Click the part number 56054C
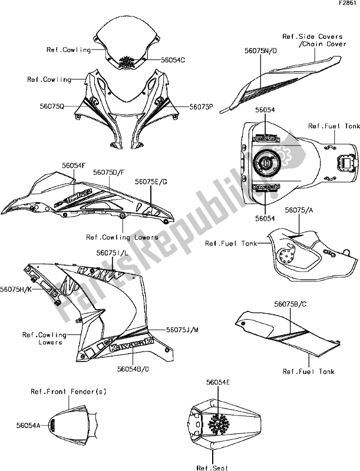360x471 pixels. pos(173,59)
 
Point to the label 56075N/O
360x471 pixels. pos(257,51)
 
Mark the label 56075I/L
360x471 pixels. pos(112,252)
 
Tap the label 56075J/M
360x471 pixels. pos(183,330)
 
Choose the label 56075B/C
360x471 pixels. pos(290,304)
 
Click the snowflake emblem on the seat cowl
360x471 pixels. pos(220,422)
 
